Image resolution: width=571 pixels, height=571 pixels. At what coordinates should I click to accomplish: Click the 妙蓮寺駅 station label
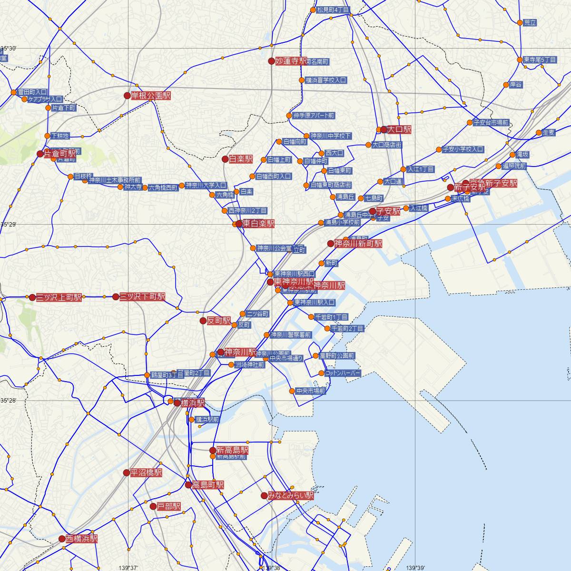pos(291,61)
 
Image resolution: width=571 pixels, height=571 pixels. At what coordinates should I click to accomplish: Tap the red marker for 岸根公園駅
pos(127,96)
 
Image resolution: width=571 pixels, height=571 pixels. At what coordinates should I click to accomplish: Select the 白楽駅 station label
pos(241,159)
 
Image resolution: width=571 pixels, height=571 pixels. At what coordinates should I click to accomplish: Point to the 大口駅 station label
pos(399,129)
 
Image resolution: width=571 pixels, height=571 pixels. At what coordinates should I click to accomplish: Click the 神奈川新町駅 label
pos(358,244)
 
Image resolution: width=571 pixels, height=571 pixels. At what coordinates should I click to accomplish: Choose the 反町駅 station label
pos(219,321)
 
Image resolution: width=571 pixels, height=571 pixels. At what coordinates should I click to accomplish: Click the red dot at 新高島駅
pos(213,450)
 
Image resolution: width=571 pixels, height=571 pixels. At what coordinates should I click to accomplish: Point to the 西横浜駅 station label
pos(82,539)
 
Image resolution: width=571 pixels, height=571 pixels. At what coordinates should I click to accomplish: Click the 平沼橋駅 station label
pos(146,473)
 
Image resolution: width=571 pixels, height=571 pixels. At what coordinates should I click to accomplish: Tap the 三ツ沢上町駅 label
pos(59,297)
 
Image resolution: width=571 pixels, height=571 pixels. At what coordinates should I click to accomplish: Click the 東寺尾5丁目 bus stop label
pos(540,60)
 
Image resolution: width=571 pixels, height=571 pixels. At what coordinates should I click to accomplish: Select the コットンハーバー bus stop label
pos(343,374)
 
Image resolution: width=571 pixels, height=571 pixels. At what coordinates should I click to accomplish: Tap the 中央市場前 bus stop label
pos(310,391)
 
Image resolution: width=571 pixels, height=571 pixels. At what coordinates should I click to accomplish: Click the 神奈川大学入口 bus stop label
pos(206,185)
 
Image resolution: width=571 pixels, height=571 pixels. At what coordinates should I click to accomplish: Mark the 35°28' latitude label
pos(9,401)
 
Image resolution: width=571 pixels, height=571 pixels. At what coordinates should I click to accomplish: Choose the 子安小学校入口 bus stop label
pos(463,149)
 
